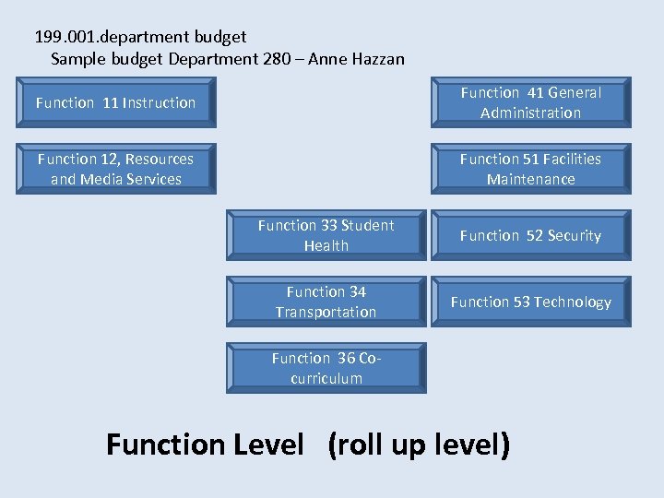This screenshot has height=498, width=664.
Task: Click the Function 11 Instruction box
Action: pyautogui.click(x=116, y=102)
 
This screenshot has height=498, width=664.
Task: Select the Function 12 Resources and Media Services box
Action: pyautogui.click(x=116, y=169)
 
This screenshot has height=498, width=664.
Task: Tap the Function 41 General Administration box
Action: pyautogui.click(x=530, y=102)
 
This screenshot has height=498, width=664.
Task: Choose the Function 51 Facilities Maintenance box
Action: pyautogui.click(x=530, y=169)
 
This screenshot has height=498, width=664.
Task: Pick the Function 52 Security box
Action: pyautogui.click(x=530, y=235)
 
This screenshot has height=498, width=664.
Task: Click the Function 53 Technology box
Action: pyautogui.click(x=530, y=302)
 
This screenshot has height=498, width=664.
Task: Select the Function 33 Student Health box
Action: pyautogui.click(x=326, y=235)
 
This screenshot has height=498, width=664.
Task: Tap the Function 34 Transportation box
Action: pyautogui.click(x=326, y=302)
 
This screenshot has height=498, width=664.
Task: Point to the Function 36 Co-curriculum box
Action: pyautogui.click(x=326, y=368)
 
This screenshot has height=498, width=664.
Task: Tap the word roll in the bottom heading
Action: pyautogui.click(x=364, y=445)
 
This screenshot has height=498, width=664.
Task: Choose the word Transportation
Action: pyautogui.click(x=326, y=312)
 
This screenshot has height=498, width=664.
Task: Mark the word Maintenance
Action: pyautogui.click(x=530, y=179)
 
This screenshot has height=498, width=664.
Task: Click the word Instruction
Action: pyautogui.click(x=159, y=102)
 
